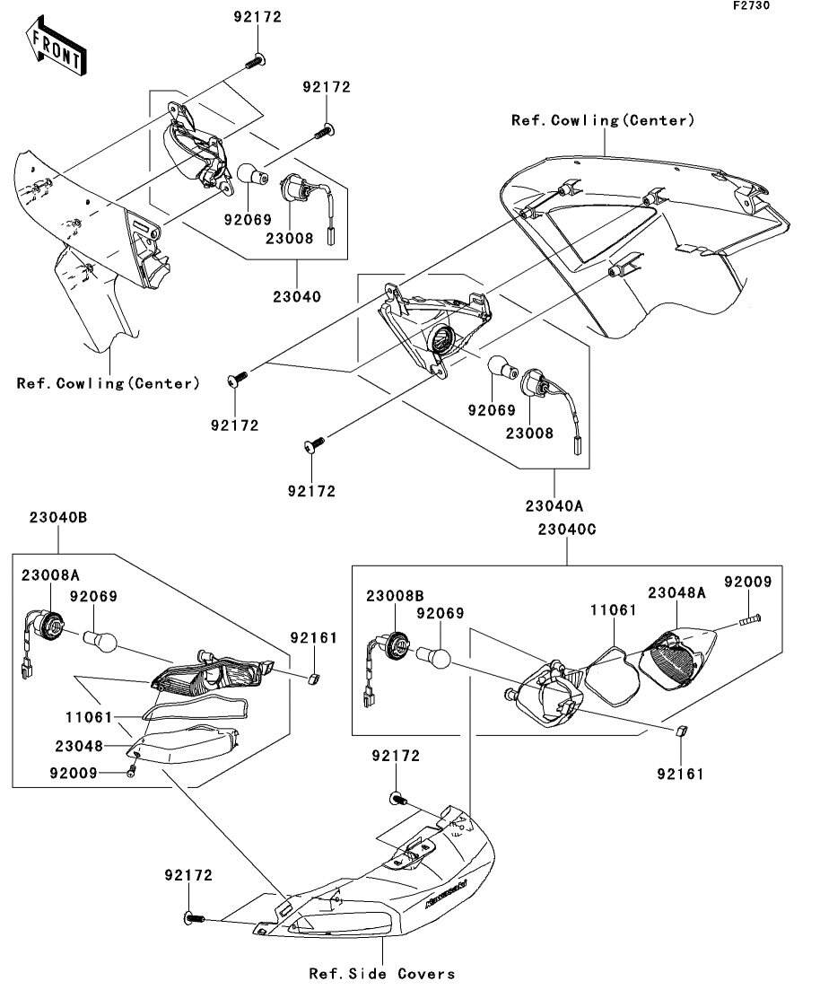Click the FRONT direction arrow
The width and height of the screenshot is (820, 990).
click(57, 48)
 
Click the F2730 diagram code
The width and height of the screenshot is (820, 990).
click(751, 5)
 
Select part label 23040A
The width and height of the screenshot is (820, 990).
click(554, 505)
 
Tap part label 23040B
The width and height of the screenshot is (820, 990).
click(58, 518)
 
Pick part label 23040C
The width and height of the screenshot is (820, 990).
click(567, 530)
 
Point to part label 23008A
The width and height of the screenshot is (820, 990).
click(50, 575)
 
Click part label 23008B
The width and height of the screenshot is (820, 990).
click(395, 595)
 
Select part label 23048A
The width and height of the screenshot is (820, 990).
click(676, 593)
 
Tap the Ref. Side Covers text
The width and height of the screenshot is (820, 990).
click(382, 974)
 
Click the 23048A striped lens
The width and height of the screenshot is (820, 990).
click(677, 658)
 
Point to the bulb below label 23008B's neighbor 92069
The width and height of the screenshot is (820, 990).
click(432, 657)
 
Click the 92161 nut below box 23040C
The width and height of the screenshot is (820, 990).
click(681, 732)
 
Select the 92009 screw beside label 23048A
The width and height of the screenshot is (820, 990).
click(749, 618)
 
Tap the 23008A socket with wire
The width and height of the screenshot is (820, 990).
click(41, 637)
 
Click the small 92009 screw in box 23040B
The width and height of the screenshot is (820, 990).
click(131, 771)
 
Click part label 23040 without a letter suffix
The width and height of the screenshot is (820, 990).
click(297, 296)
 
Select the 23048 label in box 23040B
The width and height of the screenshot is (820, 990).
click(79, 746)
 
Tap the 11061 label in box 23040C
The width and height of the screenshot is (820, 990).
click(614, 610)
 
